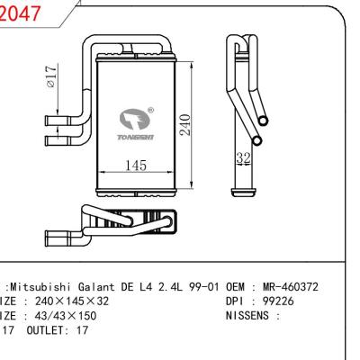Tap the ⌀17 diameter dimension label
(x=53, y=79)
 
